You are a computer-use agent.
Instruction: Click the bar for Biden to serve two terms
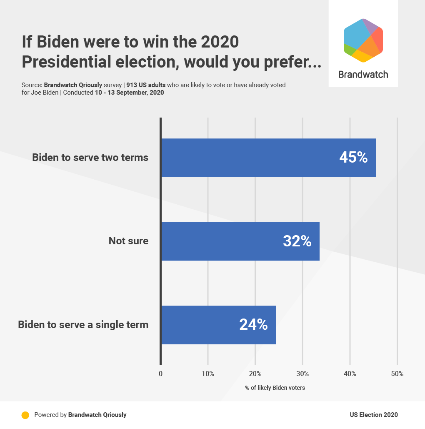click(250, 158)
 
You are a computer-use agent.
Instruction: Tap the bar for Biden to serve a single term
click(200, 325)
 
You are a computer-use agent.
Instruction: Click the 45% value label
click(353, 158)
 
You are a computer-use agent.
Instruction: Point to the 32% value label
click(297, 241)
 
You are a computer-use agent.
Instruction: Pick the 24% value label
click(253, 325)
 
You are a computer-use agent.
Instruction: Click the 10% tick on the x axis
click(208, 374)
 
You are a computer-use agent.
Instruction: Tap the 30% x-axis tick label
click(302, 374)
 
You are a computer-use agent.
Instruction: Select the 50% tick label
click(397, 374)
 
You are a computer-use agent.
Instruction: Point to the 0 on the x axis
click(161, 374)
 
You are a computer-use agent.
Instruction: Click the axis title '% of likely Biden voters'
click(275, 388)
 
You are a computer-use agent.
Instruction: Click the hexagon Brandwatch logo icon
click(363, 40)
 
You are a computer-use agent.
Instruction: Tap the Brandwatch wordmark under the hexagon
click(363, 75)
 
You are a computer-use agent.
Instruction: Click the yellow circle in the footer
click(25, 415)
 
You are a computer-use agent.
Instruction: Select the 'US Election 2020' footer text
click(374, 415)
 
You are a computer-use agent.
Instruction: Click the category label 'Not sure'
click(128, 241)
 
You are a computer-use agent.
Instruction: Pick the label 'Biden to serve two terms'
click(90, 158)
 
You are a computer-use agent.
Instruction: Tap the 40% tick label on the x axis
click(350, 374)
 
